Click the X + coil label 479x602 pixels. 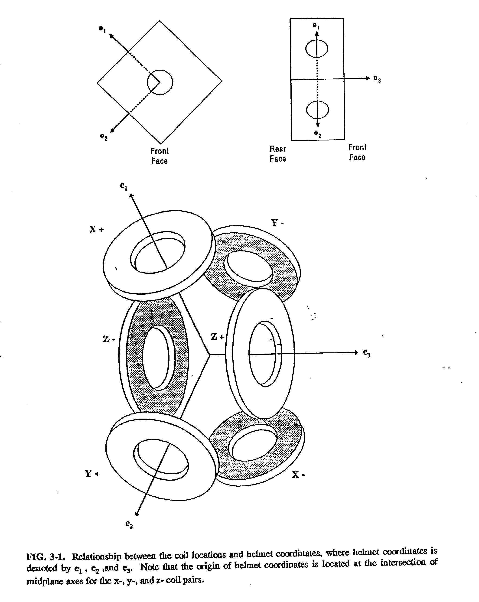[97, 230]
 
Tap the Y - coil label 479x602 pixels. [277, 223]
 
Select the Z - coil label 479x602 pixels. [109, 339]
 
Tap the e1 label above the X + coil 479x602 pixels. [124, 186]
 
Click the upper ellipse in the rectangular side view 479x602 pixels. [316, 49]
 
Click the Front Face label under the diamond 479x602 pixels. [160, 156]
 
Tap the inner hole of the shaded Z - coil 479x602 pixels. [156, 357]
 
